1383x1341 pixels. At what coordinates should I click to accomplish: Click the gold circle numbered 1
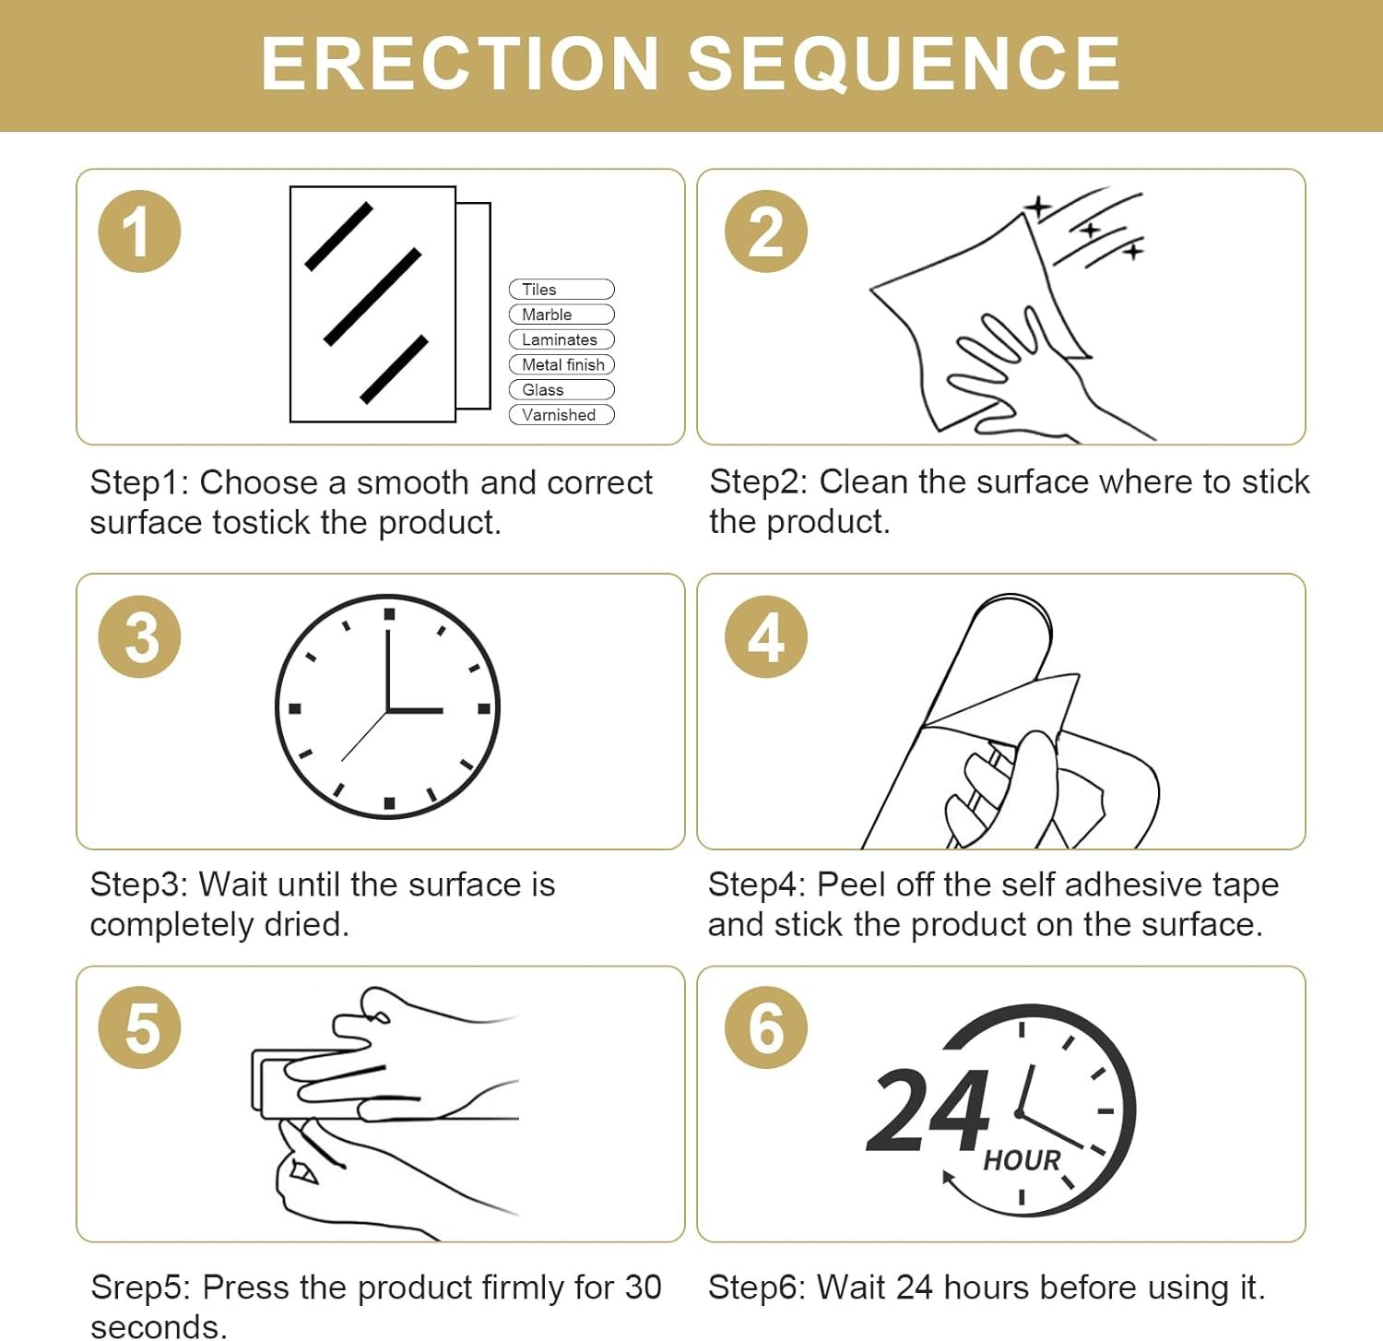click(x=139, y=231)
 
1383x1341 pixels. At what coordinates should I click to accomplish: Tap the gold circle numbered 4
click(x=766, y=637)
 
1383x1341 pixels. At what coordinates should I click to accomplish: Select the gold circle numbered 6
click(x=766, y=1027)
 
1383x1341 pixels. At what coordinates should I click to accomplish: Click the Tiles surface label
click(x=561, y=290)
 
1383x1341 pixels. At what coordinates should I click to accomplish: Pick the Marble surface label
click(x=561, y=314)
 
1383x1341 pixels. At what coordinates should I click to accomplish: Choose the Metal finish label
click(x=561, y=364)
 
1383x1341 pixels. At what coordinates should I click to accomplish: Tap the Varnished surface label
click(x=561, y=415)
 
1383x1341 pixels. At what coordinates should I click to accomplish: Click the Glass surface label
click(x=561, y=389)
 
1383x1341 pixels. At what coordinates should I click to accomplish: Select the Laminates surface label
click(x=561, y=339)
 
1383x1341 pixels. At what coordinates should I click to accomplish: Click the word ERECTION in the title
click(x=459, y=64)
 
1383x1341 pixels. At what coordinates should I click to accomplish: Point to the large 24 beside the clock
click(x=928, y=1110)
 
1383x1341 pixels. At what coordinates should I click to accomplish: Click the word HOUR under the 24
click(x=1022, y=1160)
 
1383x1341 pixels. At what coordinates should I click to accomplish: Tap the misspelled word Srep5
click(x=140, y=1288)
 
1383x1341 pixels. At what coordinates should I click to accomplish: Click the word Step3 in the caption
click(x=139, y=884)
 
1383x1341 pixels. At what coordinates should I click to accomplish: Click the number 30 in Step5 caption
click(x=643, y=1288)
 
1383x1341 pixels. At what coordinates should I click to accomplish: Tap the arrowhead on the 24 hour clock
click(x=948, y=1177)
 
